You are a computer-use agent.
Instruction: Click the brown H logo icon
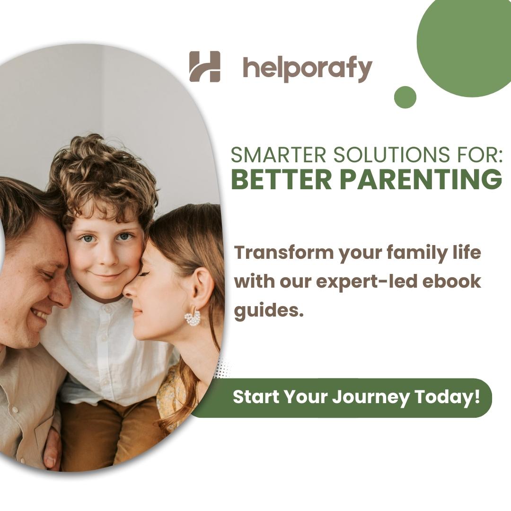point(205,67)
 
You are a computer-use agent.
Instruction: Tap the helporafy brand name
point(308,69)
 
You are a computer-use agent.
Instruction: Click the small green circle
point(405,97)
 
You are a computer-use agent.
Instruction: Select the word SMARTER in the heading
point(278,155)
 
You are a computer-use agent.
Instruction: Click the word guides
point(269,311)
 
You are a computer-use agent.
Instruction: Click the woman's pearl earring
point(193,317)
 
